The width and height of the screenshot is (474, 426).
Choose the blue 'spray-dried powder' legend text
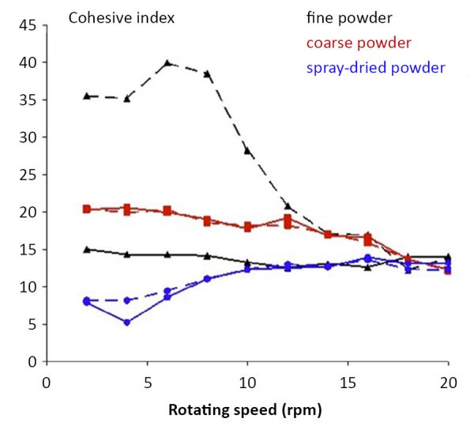377,67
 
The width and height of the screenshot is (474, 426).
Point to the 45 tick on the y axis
28,25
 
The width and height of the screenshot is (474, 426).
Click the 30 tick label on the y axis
28,138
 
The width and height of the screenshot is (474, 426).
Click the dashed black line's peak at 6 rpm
167,62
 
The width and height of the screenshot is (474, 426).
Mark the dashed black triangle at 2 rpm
87,96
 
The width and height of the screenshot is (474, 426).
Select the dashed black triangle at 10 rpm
247,150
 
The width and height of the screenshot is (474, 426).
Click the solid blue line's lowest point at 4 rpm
127,322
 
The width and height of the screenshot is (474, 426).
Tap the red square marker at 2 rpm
87,209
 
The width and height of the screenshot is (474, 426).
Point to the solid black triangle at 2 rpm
87,249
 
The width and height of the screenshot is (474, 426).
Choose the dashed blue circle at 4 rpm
127,300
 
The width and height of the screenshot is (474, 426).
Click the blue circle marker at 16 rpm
368,258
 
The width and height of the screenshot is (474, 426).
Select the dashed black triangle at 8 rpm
208,74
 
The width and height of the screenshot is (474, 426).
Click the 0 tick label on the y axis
32,362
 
